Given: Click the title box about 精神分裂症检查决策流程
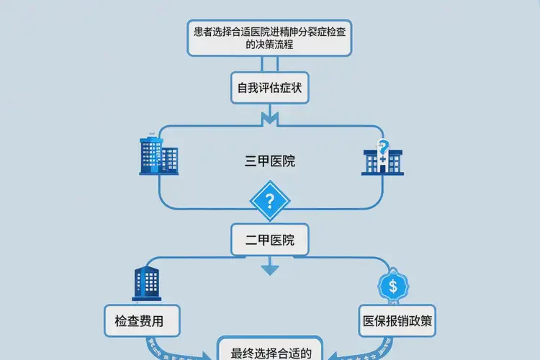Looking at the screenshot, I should click(270, 37).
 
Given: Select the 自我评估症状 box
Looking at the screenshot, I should click(270, 88).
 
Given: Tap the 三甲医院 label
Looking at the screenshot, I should click(270, 162).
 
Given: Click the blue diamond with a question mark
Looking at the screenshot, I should click(269, 200).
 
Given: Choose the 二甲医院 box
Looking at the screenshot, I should click(270, 240).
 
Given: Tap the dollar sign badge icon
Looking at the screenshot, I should click(392, 286).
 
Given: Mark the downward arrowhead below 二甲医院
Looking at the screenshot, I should click(269, 270).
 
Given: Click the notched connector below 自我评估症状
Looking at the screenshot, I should click(269, 116).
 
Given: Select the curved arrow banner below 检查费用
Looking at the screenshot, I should click(173, 349).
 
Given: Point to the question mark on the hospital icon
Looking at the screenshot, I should click(384, 145).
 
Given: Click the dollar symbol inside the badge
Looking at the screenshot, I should click(392, 286).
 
